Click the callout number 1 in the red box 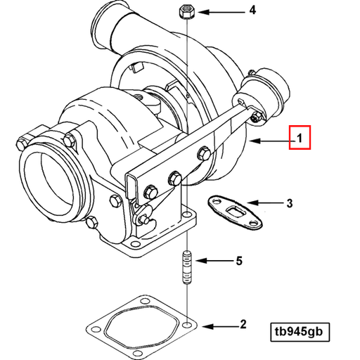point(300,138)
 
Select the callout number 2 point(243,324)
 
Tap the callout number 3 point(288,204)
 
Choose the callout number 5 point(238,261)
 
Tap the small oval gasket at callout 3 point(234,212)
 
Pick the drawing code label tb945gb point(300,331)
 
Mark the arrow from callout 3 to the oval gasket point(263,204)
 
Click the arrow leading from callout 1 point(271,141)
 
